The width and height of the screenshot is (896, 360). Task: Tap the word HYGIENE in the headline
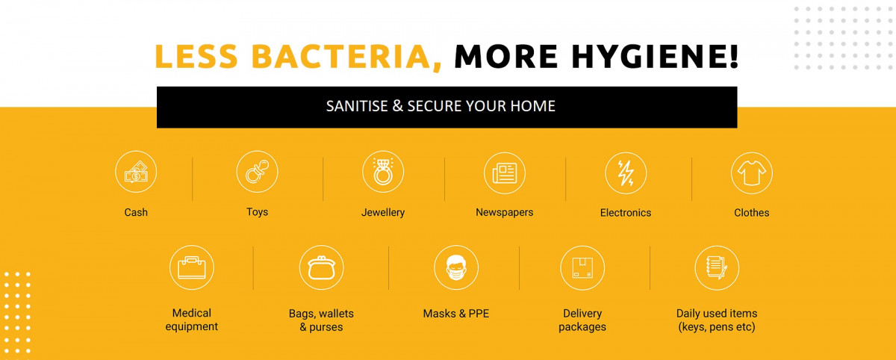(x=655, y=56)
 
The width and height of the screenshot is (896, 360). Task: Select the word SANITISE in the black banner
(x=357, y=106)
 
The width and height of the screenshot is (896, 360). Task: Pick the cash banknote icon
(x=136, y=173)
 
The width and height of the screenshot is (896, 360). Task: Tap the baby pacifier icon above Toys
(x=257, y=172)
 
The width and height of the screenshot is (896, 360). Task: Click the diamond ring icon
(x=383, y=172)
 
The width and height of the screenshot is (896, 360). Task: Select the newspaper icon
(x=505, y=173)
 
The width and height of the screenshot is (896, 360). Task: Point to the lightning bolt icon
(x=626, y=173)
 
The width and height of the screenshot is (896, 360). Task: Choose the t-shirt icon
(x=752, y=173)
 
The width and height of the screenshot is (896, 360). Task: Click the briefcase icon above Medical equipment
(x=192, y=267)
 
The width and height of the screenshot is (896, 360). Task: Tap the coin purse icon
(x=321, y=267)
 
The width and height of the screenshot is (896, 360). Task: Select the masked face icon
(x=456, y=267)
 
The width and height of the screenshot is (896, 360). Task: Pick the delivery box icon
(x=582, y=267)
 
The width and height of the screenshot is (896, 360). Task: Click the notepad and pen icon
(x=717, y=267)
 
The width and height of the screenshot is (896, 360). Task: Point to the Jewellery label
(x=383, y=212)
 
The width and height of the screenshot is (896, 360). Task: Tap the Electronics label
(x=626, y=213)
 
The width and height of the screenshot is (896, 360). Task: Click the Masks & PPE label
(x=456, y=314)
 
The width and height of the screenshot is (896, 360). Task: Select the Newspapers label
(x=505, y=212)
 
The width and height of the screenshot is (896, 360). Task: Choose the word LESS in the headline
(x=196, y=56)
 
